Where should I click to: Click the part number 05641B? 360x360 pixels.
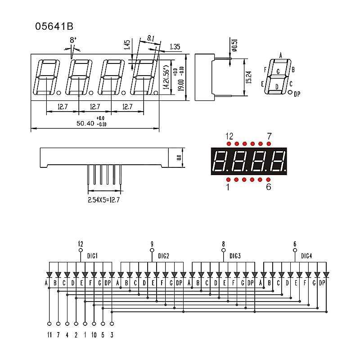54,27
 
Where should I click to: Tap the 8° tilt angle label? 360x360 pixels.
72,40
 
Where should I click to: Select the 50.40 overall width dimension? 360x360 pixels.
85,123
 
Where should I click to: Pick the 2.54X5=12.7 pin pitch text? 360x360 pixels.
104,199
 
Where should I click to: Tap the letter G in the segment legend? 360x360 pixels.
278,72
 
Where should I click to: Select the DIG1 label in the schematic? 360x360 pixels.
93,256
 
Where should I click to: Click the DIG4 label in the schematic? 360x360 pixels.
307,256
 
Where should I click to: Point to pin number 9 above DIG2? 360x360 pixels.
152,244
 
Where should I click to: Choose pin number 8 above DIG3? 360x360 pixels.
223,244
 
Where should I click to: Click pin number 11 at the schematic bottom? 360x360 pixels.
49,335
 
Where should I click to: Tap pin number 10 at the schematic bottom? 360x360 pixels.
94,335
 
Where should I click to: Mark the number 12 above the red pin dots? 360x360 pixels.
229,136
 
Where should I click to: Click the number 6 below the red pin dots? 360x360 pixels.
269,187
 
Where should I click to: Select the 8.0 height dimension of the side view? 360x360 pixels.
178,158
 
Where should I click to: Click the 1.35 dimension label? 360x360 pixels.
175,47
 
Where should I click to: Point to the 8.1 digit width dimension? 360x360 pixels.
151,39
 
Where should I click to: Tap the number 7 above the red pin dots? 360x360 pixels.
269,136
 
